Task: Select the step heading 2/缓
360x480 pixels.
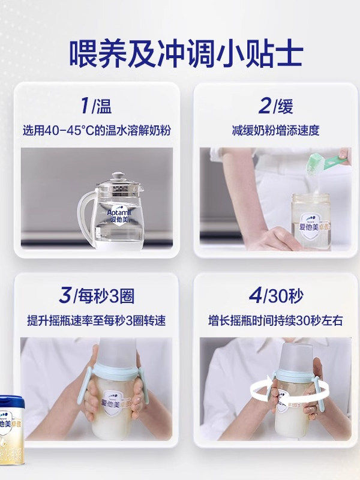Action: coord(276,106)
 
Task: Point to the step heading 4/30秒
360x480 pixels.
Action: coord(276,296)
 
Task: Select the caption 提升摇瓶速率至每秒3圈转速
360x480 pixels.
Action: coord(97,320)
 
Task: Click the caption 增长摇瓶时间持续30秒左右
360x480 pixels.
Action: coord(276,320)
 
